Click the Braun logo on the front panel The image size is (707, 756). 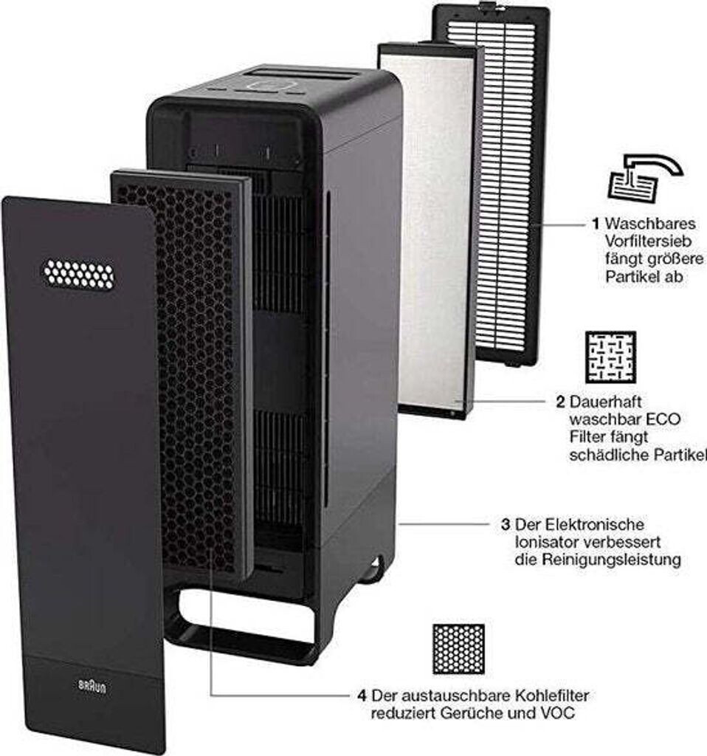tap(92, 685)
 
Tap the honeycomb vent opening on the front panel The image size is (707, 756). tap(78, 274)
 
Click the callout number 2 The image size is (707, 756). tap(561, 403)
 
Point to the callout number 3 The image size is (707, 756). tap(505, 525)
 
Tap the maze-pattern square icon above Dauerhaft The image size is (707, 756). tap(610, 357)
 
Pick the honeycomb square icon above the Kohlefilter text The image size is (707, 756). tap(458, 650)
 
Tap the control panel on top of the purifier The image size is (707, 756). tap(269, 84)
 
